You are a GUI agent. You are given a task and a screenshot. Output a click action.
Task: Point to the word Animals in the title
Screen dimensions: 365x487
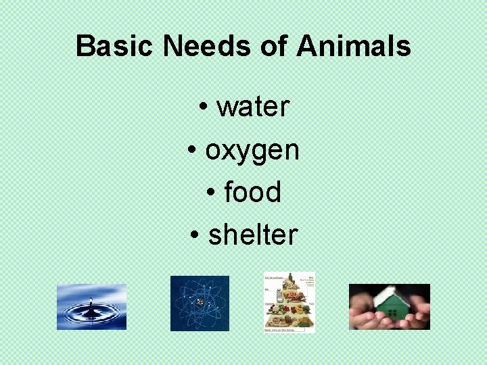[353, 47]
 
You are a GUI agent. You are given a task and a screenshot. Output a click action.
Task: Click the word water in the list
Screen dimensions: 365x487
[253, 106]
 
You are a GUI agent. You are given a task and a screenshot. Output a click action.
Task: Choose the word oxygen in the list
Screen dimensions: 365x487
[252, 150]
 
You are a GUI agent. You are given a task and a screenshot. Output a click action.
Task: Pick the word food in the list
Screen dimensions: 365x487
[252, 192]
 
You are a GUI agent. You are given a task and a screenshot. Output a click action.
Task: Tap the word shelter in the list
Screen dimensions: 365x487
[253, 235]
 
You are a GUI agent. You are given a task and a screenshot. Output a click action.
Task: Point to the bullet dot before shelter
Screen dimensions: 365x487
[195, 236]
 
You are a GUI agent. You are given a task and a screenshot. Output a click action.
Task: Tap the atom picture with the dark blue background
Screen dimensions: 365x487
[200, 303]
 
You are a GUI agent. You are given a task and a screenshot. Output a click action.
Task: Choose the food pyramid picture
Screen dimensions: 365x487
[289, 302]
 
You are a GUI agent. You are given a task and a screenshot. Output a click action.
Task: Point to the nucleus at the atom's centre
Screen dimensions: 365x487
[200, 303]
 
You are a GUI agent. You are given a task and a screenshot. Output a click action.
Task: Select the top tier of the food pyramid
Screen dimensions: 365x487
[291, 278]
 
